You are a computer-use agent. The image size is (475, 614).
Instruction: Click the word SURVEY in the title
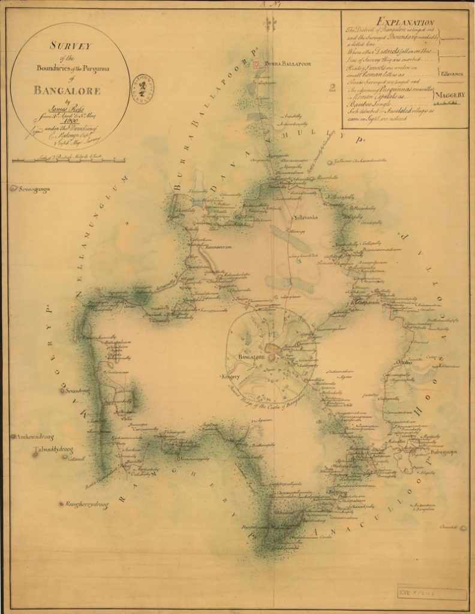(70, 47)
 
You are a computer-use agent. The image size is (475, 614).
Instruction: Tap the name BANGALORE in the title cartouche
(67, 92)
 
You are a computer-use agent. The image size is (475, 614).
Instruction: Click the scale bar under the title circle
(68, 160)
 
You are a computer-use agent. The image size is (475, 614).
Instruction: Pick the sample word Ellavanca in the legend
(450, 73)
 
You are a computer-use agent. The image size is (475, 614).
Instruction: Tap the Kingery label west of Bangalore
(230, 377)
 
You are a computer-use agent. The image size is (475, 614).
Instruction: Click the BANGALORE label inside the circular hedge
(251, 357)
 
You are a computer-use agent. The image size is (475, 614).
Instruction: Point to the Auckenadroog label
(36, 437)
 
